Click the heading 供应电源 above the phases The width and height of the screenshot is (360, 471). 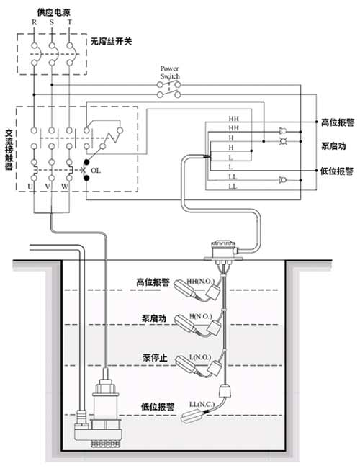pos(53,12)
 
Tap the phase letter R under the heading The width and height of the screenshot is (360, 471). pos(34,22)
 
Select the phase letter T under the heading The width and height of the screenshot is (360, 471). pos(70,22)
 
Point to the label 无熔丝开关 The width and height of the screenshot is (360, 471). pos(111,41)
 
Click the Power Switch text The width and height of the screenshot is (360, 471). pos(170,73)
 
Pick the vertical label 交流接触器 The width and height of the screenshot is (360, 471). pos(9,149)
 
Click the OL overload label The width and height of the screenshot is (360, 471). pos(96,171)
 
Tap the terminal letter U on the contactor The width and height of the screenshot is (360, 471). pos(30,187)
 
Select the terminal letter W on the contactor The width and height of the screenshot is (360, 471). pos(65,187)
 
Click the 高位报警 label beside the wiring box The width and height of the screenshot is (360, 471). pos(338,122)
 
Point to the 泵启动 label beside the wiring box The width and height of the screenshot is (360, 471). pos(333,146)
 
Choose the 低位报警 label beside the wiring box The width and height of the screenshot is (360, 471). pos(336,171)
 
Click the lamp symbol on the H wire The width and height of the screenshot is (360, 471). pos(283,141)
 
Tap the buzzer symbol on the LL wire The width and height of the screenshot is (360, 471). pos(282,180)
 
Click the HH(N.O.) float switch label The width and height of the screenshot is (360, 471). pos(201,282)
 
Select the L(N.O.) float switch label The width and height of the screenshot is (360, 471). pos(200,357)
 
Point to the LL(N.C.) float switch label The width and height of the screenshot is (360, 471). pos(202,405)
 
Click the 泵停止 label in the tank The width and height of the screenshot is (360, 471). pos(155,358)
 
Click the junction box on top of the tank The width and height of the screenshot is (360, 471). pos(223,249)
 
